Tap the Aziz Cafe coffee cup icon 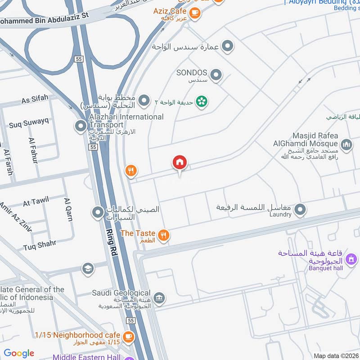tap(195, 13)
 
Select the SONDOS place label tap(192, 73)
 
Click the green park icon tap(202, 101)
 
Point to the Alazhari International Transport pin tap(81, 126)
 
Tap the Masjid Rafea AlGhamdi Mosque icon tap(346, 144)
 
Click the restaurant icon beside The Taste tap(164, 234)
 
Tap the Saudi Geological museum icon tap(159, 298)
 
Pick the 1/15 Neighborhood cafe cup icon tap(128, 336)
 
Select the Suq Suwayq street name tap(28, 121)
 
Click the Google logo tap(19, 353)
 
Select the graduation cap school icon tap(88, 269)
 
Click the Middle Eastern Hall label tap(86, 357)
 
